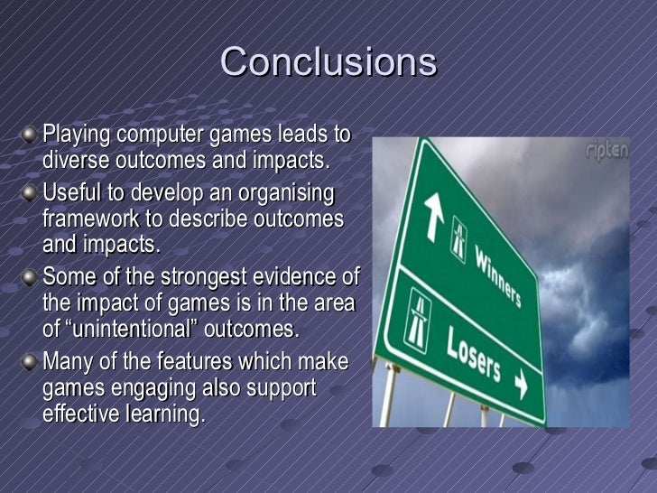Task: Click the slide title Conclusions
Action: pos(328,62)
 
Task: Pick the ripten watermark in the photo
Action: pos(607,152)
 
